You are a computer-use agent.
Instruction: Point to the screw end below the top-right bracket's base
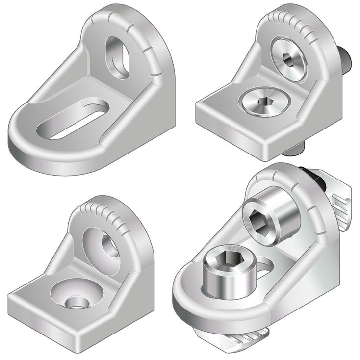[298, 147]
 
